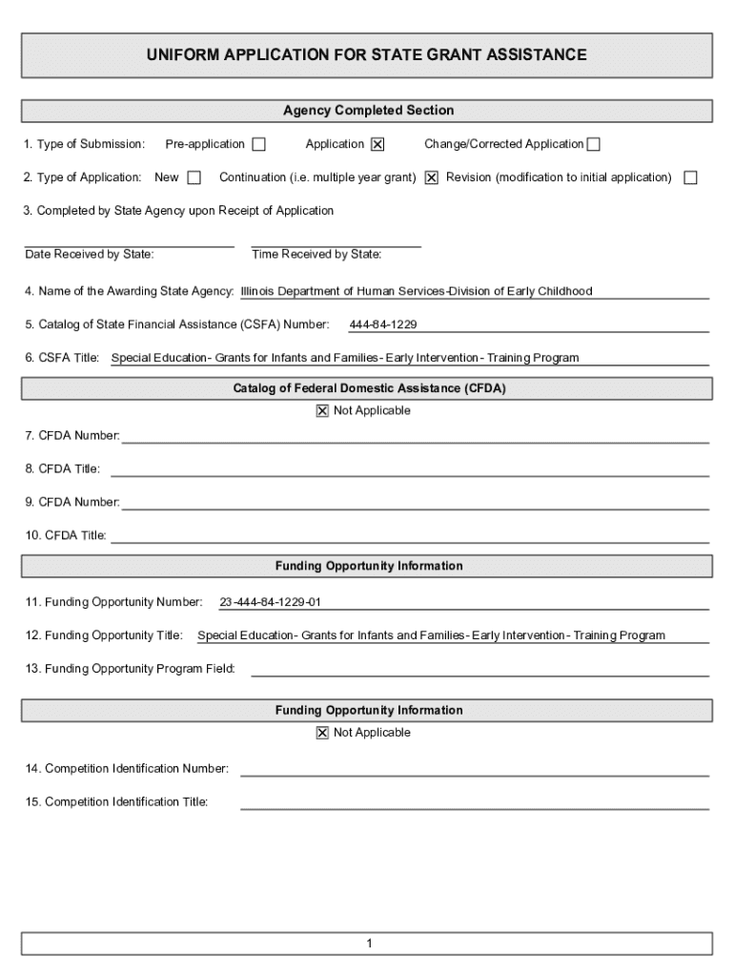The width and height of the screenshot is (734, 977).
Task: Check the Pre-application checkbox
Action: tap(258, 145)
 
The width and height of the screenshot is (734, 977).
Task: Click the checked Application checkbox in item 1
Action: tap(377, 145)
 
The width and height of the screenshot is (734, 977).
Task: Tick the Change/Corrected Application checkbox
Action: tap(593, 145)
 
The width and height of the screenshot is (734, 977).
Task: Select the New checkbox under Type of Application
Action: tap(194, 178)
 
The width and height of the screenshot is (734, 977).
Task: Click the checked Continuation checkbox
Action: tap(432, 178)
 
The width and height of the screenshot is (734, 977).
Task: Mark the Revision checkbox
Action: tap(690, 178)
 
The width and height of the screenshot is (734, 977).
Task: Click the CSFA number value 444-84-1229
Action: tap(383, 325)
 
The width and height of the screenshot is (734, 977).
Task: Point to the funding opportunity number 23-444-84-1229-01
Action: tap(271, 603)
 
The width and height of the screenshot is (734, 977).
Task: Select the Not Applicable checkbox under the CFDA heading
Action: tap(322, 411)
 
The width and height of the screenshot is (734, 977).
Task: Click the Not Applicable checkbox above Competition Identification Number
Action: tap(322, 733)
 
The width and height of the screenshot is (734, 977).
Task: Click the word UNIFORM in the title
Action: tap(180, 55)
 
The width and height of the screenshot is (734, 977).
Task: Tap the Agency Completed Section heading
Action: tap(368, 111)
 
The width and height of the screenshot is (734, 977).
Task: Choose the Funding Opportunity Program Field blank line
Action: tap(479, 669)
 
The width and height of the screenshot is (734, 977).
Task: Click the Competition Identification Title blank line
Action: tap(474, 802)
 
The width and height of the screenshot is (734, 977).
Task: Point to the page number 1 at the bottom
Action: tap(368, 944)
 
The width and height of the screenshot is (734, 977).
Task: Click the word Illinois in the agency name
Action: tap(259, 292)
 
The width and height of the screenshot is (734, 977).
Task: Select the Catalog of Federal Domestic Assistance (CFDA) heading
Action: tap(368, 388)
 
